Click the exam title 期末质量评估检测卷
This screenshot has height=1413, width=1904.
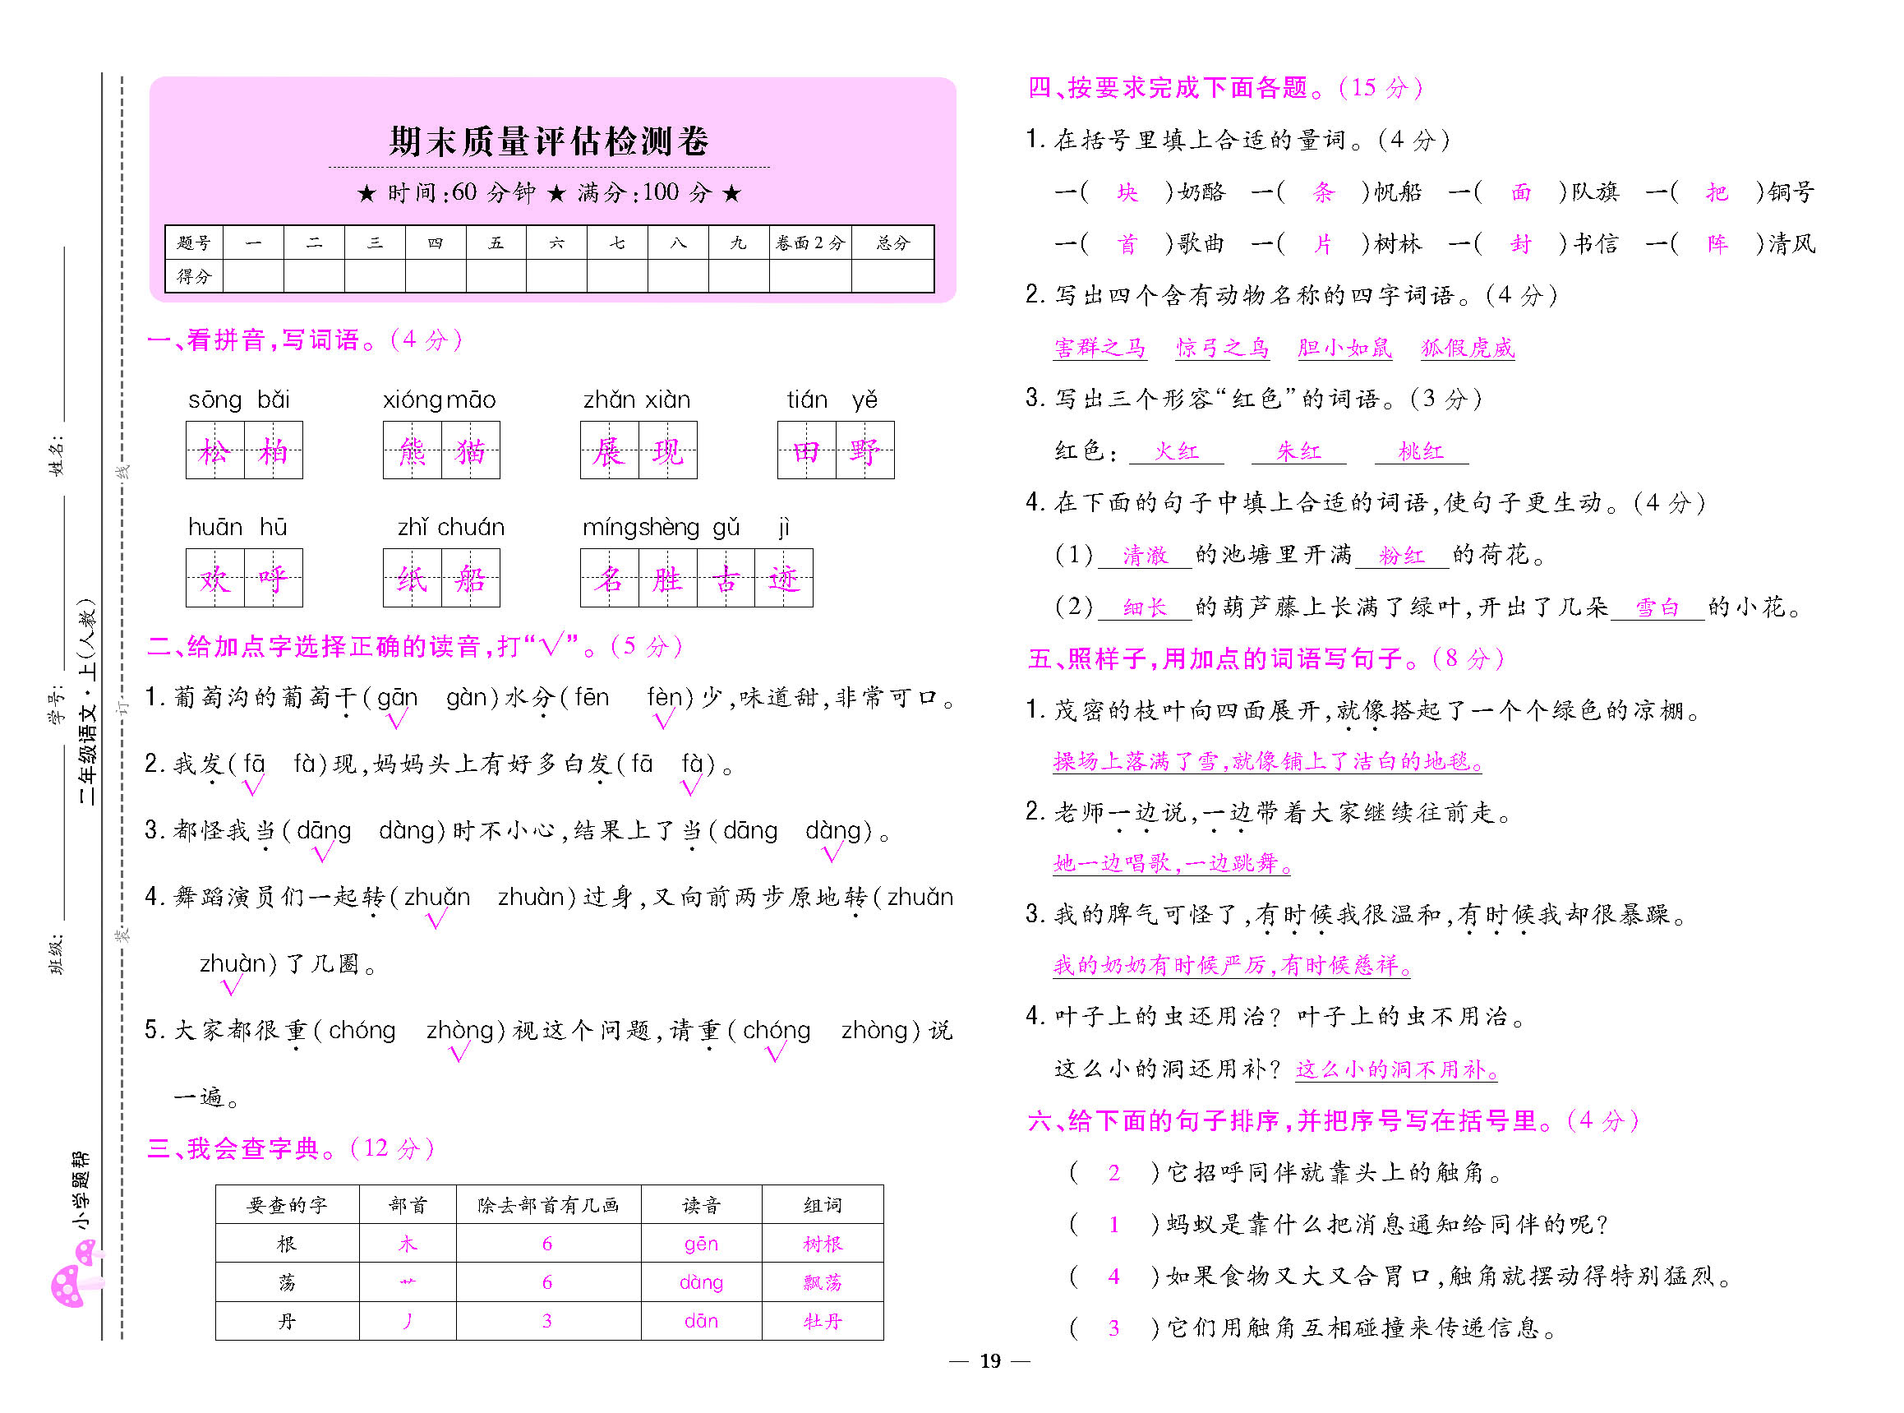click(x=549, y=141)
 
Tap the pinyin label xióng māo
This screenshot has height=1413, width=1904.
click(x=439, y=400)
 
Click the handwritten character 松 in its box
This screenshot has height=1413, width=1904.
click(x=214, y=450)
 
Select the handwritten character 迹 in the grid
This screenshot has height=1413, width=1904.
click(x=784, y=579)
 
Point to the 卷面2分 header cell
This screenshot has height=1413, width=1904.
click(x=809, y=243)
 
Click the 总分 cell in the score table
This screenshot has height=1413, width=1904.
click(x=892, y=243)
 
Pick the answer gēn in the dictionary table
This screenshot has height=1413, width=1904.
click(x=700, y=1244)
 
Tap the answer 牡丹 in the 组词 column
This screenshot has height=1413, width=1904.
click(x=822, y=1322)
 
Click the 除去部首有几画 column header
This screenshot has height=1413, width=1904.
click(x=548, y=1205)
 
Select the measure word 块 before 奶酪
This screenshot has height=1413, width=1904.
click(x=1127, y=192)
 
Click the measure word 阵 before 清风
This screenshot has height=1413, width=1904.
click(x=1717, y=245)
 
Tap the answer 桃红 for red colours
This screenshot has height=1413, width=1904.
click(x=1420, y=451)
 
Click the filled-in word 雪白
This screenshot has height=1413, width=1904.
click(x=1657, y=607)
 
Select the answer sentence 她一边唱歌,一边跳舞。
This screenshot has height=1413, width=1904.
click(x=1171, y=863)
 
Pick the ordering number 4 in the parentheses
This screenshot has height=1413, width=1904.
click(x=1113, y=1277)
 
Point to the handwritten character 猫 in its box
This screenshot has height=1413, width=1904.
click(x=470, y=450)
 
